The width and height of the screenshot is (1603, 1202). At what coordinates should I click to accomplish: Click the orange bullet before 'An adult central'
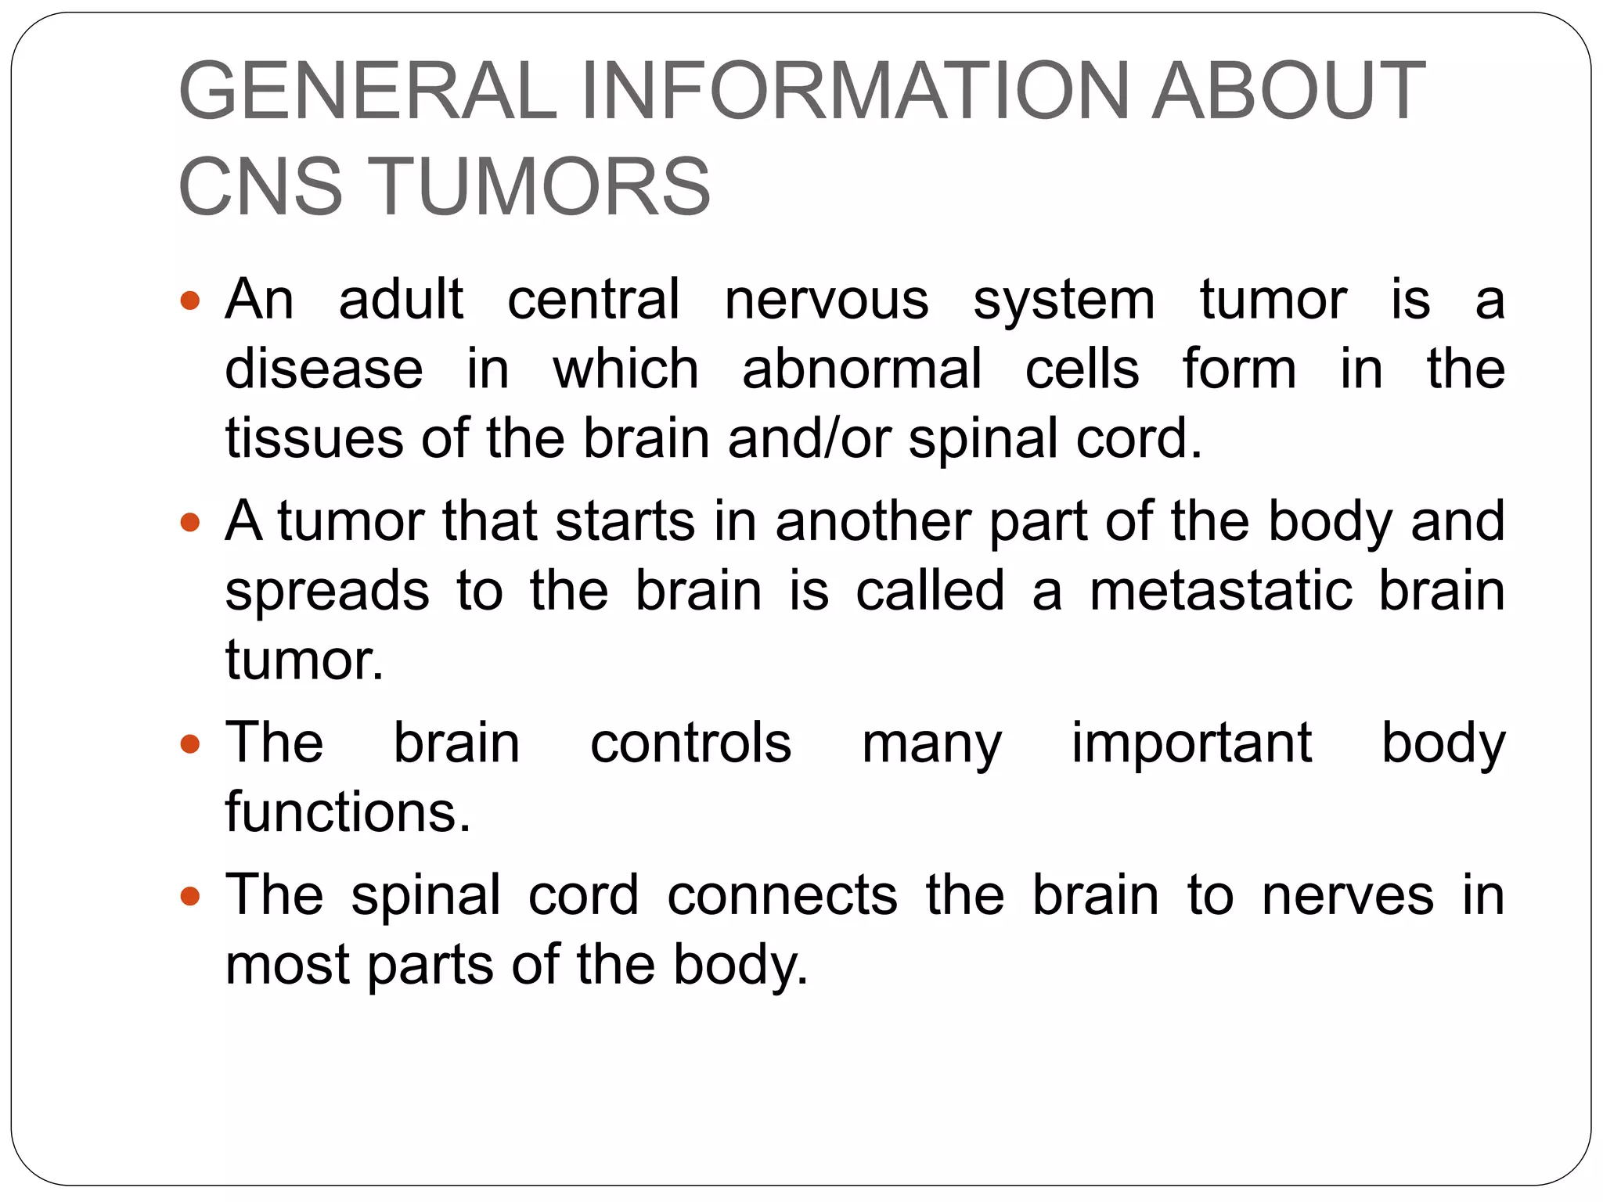click(x=190, y=300)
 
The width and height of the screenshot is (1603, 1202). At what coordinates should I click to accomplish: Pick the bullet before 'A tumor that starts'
click(x=190, y=522)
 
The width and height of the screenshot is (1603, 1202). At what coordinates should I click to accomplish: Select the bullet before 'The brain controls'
click(x=190, y=743)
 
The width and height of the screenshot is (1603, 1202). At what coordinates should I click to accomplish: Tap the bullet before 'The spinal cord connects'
click(x=190, y=895)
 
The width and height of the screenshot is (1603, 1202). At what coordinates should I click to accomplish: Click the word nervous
click(x=827, y=300)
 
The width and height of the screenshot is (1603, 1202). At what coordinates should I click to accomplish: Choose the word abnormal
click(x=862, y=369)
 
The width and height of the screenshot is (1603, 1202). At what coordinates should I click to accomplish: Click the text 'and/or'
click(x=809, y=438)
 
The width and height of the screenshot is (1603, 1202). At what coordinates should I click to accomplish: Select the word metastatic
click(x=1221, y=591)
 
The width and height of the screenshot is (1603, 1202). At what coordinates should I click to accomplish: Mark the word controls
click(x=690, y=743)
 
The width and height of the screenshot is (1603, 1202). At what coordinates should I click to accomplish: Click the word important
click(x=1191, y=743)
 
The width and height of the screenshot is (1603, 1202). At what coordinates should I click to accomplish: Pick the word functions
click(x=348, y=812)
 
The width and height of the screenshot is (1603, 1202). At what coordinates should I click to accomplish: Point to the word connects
click(x=782, y=895)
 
